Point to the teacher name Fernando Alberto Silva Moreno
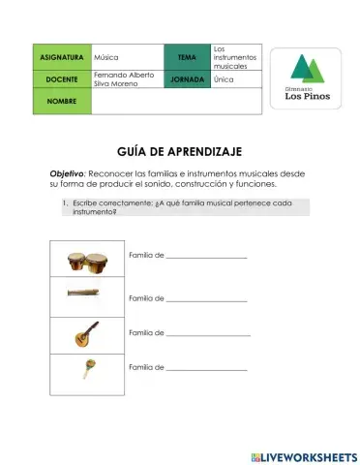click(124, 79)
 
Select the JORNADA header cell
click(187, 79)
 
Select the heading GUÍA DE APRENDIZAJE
click(179, 152)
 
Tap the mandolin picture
click(80, 334)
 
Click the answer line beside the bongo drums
click(206, 257)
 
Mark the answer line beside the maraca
click(206, 369)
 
